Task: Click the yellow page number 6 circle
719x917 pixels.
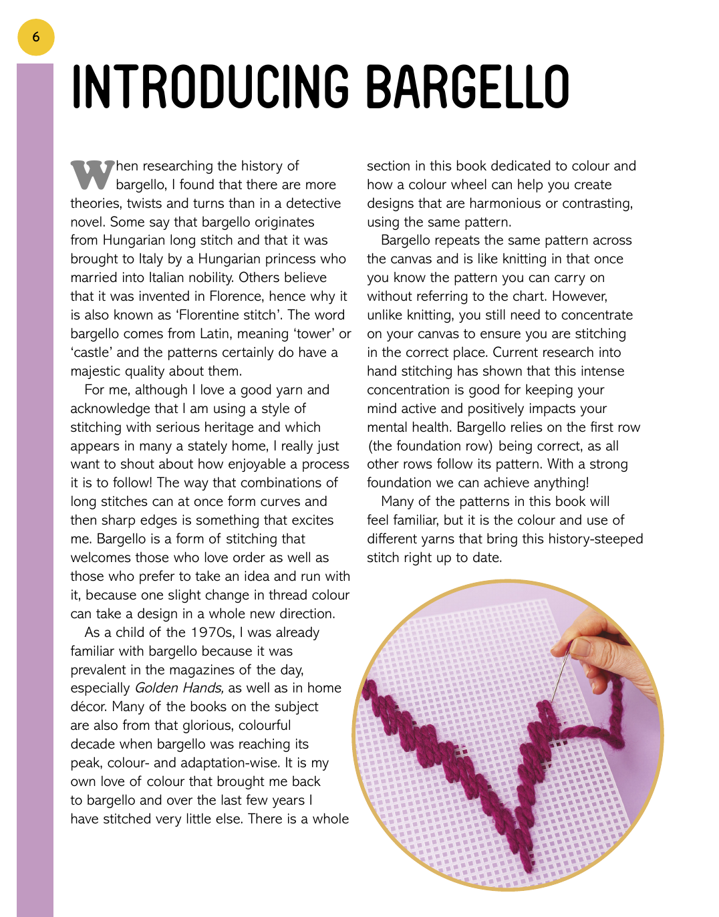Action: [x=35, y=37]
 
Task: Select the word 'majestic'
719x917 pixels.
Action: [x=96, y=371]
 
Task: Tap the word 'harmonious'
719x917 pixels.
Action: [x=510, y=203]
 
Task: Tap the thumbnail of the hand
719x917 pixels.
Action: [x=581, y=648]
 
